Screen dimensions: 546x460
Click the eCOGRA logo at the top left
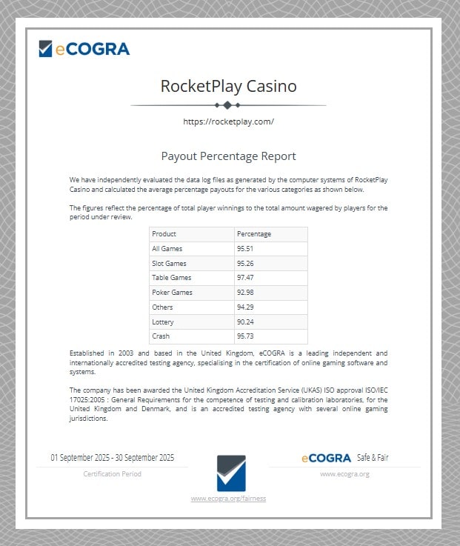(x=84, y=49)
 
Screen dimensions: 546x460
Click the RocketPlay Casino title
(x=228, y=86)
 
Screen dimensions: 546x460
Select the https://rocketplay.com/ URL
(x=228, y=121)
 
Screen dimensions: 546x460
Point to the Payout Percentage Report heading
(x=228, y=156)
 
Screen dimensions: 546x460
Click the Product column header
(x=164, y=234)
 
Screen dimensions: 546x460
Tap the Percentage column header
(x=254, y=234)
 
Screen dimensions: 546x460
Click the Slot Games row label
(x=169, y=264)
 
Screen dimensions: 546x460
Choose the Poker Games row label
(x=171, y=293)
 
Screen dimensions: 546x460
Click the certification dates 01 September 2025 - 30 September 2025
(x=113, y=458)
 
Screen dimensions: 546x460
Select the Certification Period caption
(x=113, y=473)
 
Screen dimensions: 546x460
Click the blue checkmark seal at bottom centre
(x=231, y=473)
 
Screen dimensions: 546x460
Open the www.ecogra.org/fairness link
(x=228, y=499)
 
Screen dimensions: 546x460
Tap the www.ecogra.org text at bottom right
(x=344, y=473)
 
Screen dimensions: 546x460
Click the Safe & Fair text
(x=373, y=458)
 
